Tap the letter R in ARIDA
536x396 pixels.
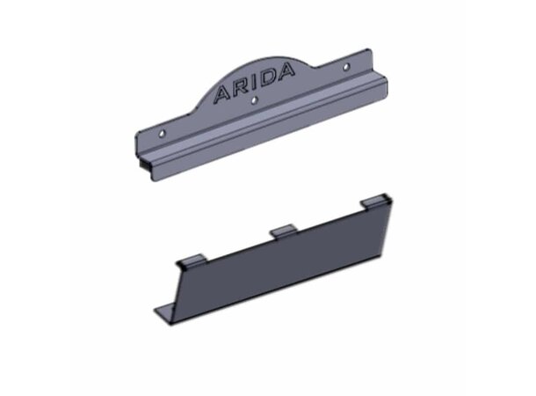pos(240,87)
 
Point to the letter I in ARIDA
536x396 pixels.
pos(253,83)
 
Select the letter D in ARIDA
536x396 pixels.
pos(266,78)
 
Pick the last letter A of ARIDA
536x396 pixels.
pos(285,71)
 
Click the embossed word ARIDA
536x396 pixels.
pos(254,83)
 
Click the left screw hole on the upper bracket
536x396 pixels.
pos(163,133)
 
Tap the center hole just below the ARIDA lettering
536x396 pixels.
pos(254,100)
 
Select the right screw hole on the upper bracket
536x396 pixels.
pos(346,66)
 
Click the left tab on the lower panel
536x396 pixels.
pos(193,260)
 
